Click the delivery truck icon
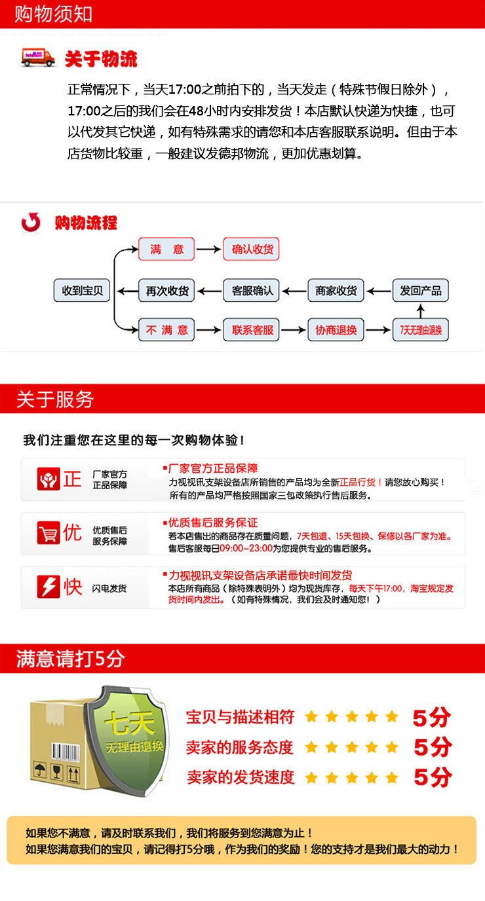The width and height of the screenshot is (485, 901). [38, 58]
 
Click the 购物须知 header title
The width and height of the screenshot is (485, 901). [53, 14]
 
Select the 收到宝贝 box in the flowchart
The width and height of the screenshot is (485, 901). [82, 290]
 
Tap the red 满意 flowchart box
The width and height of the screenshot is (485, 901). [166, 249]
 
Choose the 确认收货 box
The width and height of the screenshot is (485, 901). [252, 249]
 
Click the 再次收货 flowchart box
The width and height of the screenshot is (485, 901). [166, 290]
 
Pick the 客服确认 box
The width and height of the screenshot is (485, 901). [252, 290]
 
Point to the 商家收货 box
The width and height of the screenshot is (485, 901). [336, 290]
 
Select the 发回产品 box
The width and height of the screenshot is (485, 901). [421, 290]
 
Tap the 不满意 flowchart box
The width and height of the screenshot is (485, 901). [166, 330]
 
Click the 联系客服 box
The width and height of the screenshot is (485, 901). [252, 330]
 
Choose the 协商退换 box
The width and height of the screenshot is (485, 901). [336, 330]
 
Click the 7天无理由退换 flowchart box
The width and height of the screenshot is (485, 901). [421, 330]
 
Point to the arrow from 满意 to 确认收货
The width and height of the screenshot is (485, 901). [208, 249]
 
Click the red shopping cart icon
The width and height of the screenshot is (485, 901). [48, 533]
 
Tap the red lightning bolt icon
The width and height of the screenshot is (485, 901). [48, 587]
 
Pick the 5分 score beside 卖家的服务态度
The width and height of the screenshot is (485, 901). [433, 747]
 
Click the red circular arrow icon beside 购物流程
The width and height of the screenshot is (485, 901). [31, 223]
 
